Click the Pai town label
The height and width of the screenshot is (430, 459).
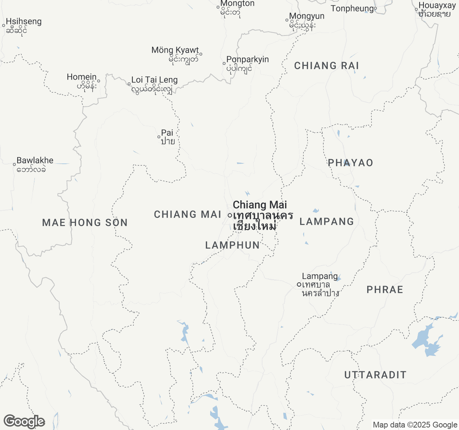tap(167, 137)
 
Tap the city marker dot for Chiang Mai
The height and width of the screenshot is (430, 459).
tap(229, 215)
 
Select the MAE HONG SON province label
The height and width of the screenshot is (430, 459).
tap(85, 223)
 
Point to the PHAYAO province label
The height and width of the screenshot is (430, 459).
tap(350, 163)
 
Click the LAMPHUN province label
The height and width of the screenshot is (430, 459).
tap(232, 245)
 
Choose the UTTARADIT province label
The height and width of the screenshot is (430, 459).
tap(375, 375)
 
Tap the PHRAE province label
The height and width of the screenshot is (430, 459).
tap(385, 290)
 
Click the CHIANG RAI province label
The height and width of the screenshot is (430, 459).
tap(326, 66)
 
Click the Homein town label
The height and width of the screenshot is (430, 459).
tap(82, 81)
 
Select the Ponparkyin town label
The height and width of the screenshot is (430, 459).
tap(247, 63)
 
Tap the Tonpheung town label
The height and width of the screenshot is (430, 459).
tap(352, 9)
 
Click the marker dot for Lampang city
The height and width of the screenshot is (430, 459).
tap(299, 285)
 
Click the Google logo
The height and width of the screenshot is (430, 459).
tap(24, 421)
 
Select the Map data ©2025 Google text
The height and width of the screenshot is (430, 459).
tap(415, 425)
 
